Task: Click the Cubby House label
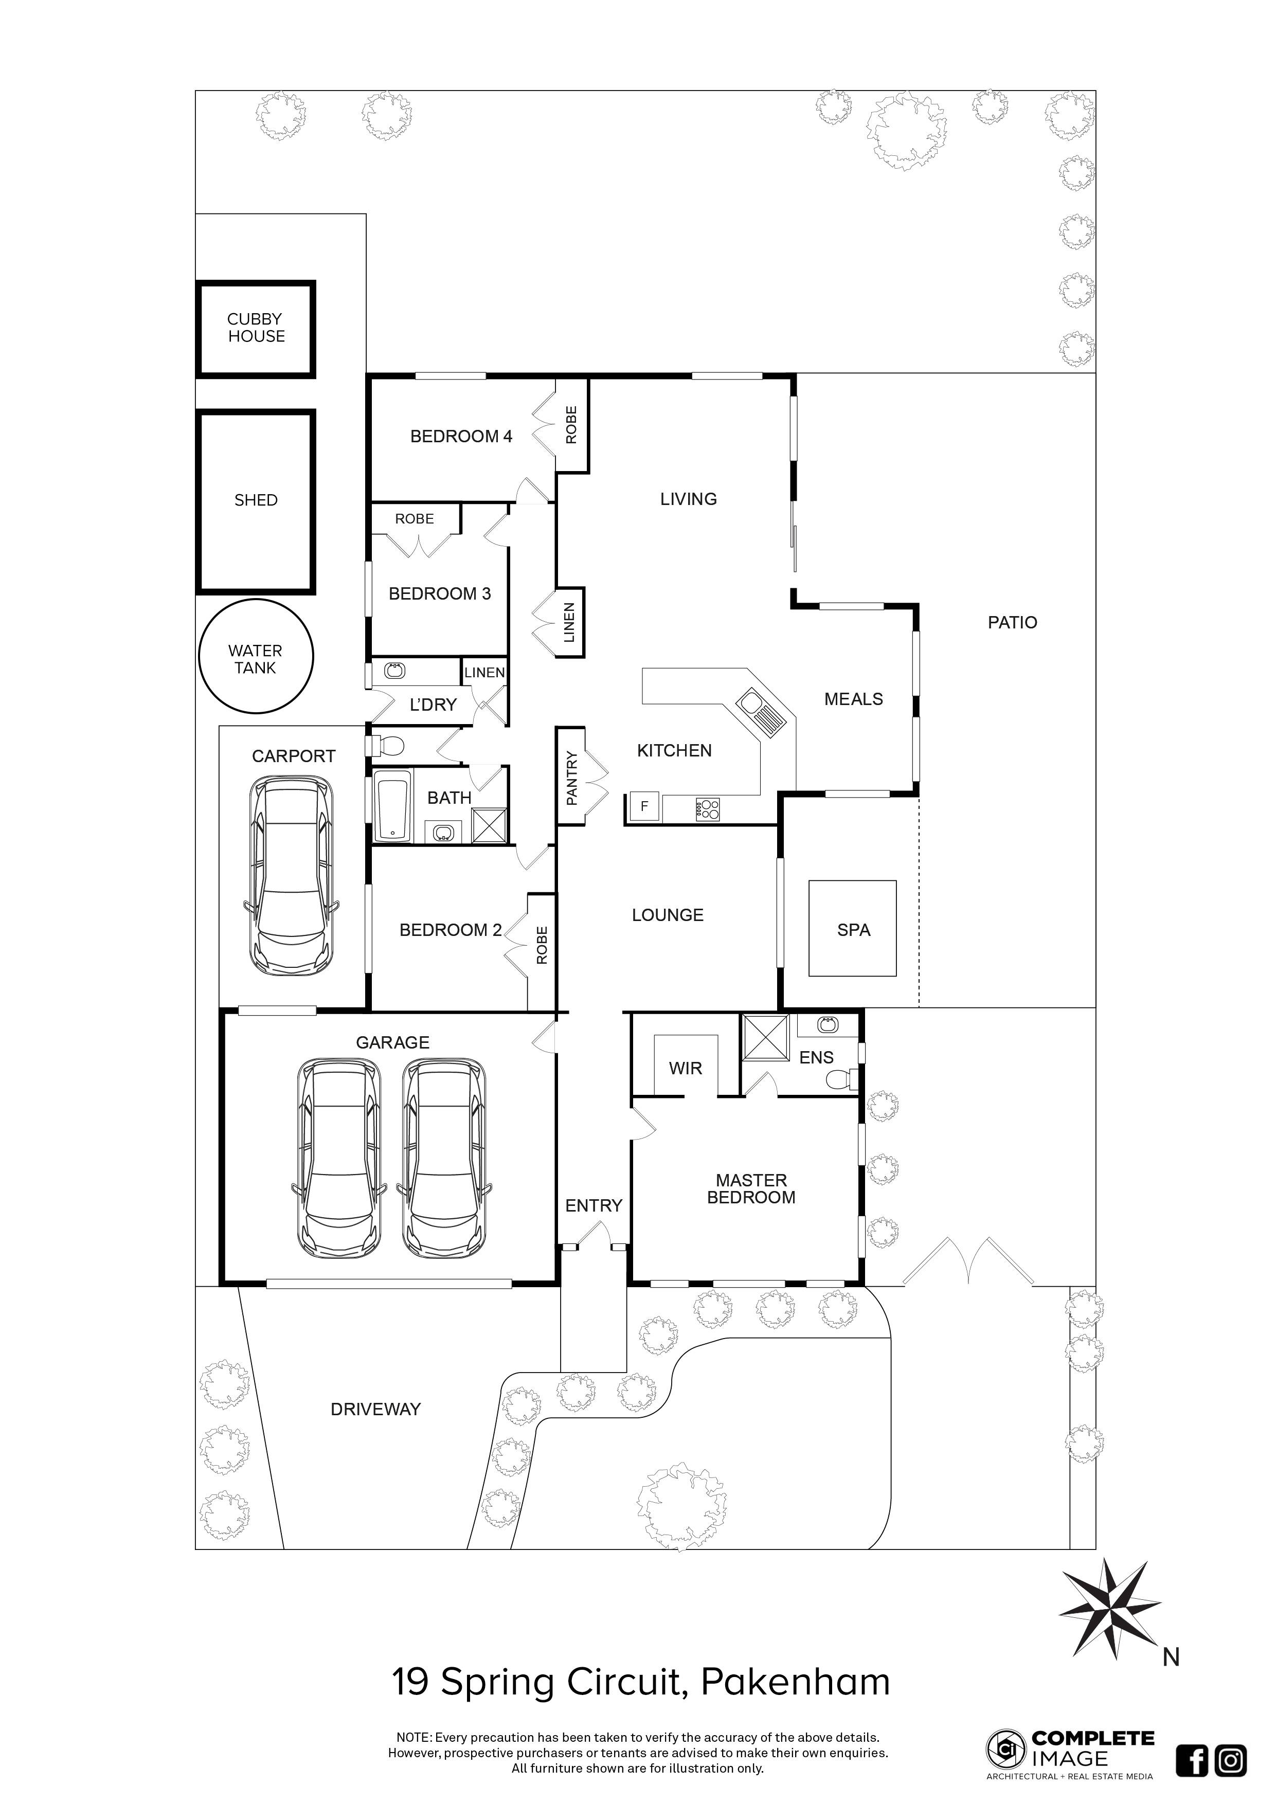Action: [x=256, y=328]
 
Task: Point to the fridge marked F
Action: [x=644, y=806]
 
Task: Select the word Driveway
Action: [x=375, y=1409]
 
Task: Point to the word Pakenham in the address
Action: [x=795, y=1682]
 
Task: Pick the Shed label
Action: [x=256, y=500]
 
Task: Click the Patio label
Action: [x=1012, y=622]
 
